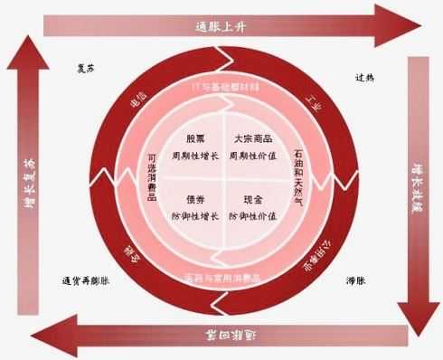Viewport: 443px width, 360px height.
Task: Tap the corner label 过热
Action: point(364,77)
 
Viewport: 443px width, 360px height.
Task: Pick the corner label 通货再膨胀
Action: point(85,279)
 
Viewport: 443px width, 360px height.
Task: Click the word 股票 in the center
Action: point(196,139)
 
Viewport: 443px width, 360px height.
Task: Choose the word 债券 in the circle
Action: point(196,199)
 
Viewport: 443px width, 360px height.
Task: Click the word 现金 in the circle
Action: point(252,199)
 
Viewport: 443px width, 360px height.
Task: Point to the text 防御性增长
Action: point(196,216)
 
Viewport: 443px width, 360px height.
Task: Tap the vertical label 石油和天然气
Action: point(298,175)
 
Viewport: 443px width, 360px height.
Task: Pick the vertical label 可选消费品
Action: point(152,175)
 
